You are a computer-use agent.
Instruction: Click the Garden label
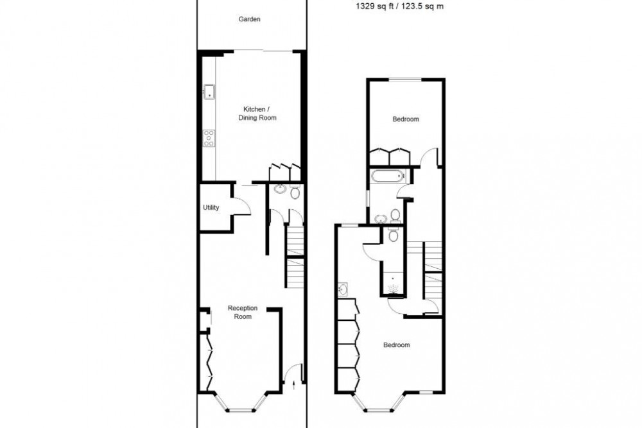[249, 20]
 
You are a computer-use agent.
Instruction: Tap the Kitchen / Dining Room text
[259, 113]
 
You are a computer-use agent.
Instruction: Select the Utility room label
[211, 207]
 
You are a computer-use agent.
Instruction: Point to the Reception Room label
[243, 312]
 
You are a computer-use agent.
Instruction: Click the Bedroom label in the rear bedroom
[406, 119]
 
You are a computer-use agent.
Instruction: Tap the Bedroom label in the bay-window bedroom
[396, 345]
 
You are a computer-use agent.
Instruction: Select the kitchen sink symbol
[209, 92]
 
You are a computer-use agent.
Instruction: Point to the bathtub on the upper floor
[386, 175]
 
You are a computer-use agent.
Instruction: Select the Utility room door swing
[241, 203]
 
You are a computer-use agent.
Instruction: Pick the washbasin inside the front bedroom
[342, 290]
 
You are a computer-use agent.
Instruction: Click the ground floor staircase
[294, 257]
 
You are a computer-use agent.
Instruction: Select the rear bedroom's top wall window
[406, 79]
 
